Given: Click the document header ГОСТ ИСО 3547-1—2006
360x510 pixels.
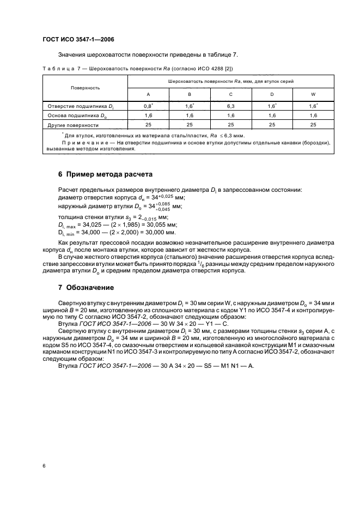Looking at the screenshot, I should (78, 39).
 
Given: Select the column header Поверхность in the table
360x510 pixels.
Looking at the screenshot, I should (85, 87).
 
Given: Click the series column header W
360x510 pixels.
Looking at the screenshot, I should (313, 94).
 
